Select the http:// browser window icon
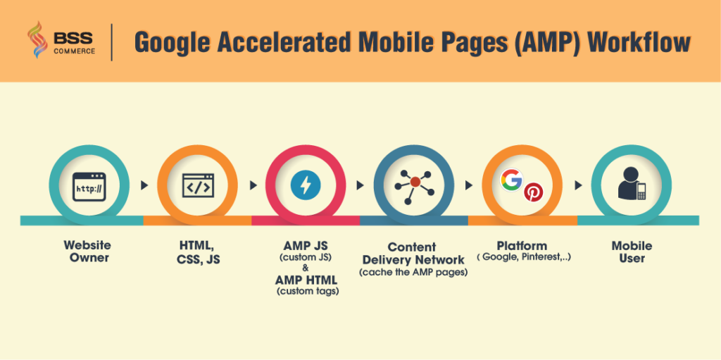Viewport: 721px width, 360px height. pyautogui.click(x=88, y=187)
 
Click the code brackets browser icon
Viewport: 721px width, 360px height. pyautogui.click(x=197, y=186)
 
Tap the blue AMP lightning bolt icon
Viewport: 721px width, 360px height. pyautogui.click(x=306, y=186)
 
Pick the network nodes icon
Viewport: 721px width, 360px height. pyautogui.click(x=414, y=186)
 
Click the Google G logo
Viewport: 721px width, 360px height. pyautogui.click(x=512, y=180)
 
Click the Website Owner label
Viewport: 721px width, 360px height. pyautogui.click(x=87, y=252)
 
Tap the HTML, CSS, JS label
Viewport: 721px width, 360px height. pyautogui.click(x=196, y=252)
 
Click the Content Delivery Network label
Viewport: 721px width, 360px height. pyautogui.click(x=413, y=253)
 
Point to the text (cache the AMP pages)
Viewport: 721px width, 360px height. pyautogui.click(x=413, y=272)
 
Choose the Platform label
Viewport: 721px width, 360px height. pyautogui.click(x=522, y=246)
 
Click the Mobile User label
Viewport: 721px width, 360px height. pyautogui.click(x=632, y=252)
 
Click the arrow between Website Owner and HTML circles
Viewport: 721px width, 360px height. pyautogui.click(x=144, y=187)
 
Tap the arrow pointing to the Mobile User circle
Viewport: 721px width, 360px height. pyautogui.click(x=579, y=187)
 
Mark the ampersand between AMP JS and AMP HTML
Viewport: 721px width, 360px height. pyautogui.click(x=306, y=268)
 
